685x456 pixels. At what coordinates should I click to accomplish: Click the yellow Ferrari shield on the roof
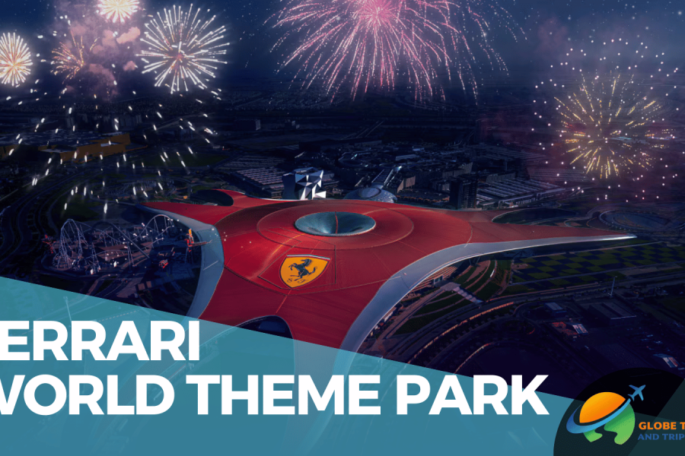(x=304, y=271)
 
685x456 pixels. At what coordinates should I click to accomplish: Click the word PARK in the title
(x=471, y=396)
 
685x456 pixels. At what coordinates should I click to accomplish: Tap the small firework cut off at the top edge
(x=119, y=8)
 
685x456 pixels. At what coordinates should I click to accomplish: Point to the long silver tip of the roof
(x=594, y=238)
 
